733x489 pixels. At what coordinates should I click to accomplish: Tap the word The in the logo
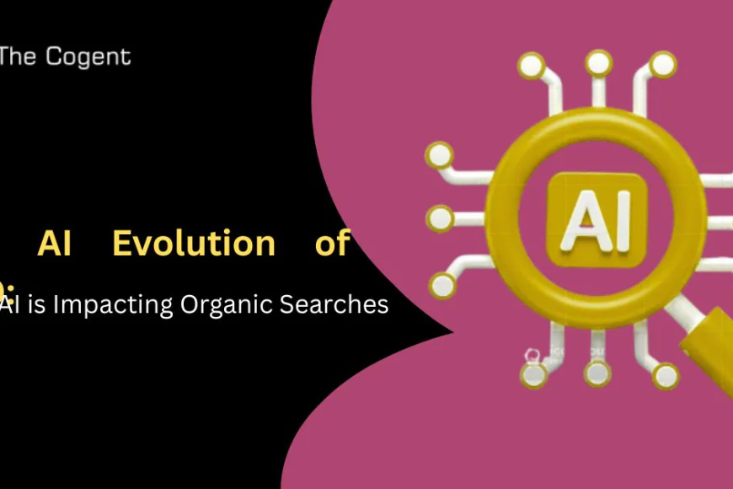19,57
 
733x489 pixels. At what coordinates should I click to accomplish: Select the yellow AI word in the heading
55,244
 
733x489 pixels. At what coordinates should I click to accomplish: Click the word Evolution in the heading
194,244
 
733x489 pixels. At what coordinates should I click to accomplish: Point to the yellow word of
331,244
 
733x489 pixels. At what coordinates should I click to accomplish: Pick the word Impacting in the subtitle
115,304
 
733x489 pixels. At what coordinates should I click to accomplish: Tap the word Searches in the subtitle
339,304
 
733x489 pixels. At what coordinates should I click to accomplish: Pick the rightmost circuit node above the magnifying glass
663,63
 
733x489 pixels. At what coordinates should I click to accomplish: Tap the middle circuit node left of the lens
439,219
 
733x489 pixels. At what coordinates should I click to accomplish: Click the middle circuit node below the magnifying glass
598,372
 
